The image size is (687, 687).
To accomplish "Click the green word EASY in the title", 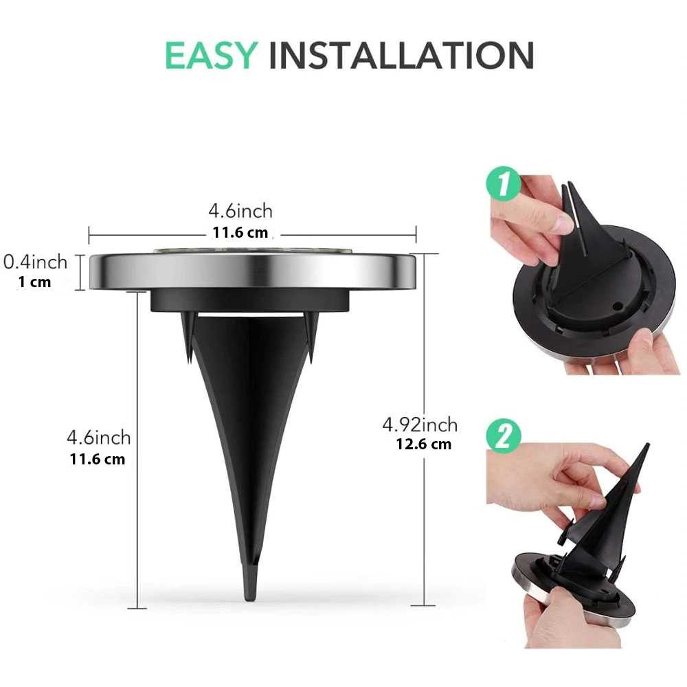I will coord(210,56).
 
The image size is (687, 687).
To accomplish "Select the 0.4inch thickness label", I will coord(36,262).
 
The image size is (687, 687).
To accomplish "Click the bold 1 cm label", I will coord(35,282).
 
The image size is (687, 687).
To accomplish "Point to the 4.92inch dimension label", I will coord(420,425).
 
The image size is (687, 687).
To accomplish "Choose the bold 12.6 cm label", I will coord(423,444).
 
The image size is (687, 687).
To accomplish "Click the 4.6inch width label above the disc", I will coord(240,211).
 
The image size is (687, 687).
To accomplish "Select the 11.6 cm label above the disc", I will coord(240,232).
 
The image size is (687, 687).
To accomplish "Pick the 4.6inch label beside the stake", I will coord(98,437).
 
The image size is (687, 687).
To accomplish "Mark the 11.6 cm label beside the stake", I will coord(98,458).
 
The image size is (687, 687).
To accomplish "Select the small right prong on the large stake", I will coord(309,340).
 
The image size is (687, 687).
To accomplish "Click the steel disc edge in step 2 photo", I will coord(522,577).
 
